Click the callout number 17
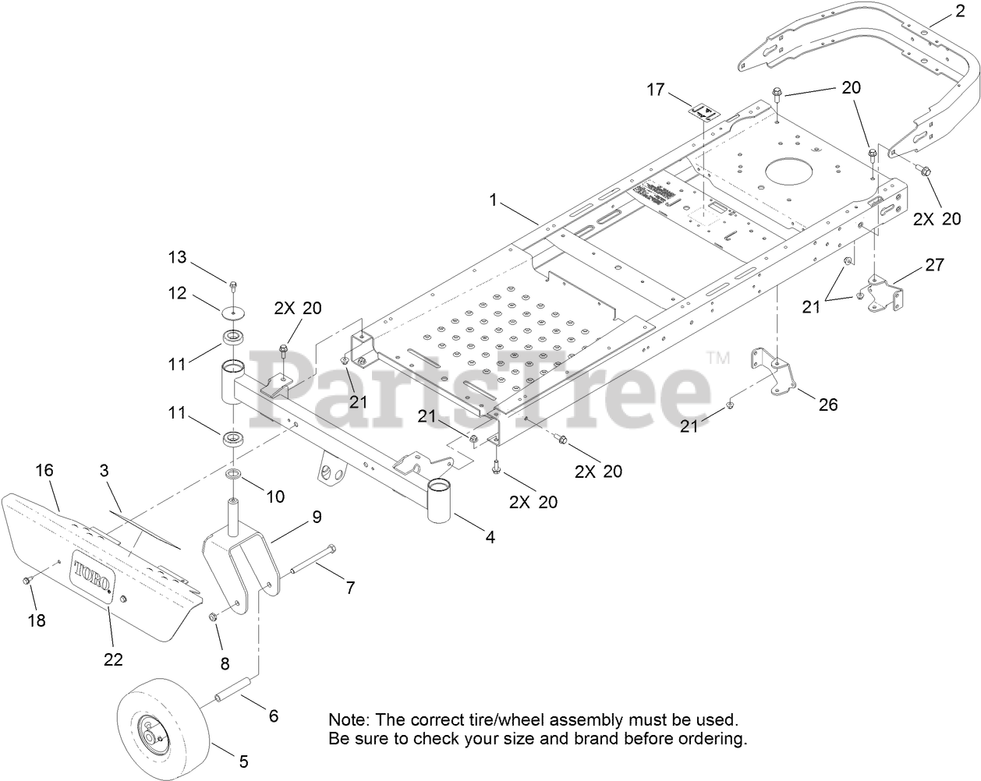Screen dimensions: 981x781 tap(656, 90)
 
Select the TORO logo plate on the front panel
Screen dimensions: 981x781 tap(93, 577)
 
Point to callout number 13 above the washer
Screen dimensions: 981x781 tap(177, 257)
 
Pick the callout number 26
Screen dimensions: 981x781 tap(827, 405)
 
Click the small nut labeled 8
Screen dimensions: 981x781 tap(212, 617)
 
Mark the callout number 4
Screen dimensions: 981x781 tap(490, 537)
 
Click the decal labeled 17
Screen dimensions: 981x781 tap(704, 111)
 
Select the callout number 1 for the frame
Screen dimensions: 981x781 tap(493, 200)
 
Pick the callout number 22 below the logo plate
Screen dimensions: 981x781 tap(113, 659)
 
